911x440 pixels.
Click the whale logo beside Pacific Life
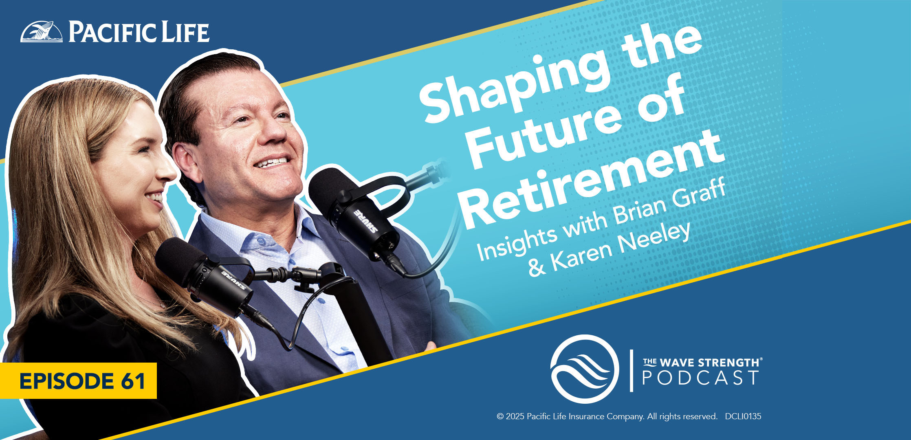(42, 32)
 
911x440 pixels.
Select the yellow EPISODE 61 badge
(78, 381)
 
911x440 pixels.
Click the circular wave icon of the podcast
(584, 369)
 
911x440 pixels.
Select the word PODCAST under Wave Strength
(700, 378)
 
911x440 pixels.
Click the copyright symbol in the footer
(500, 416)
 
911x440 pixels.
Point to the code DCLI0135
(743, 416)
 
